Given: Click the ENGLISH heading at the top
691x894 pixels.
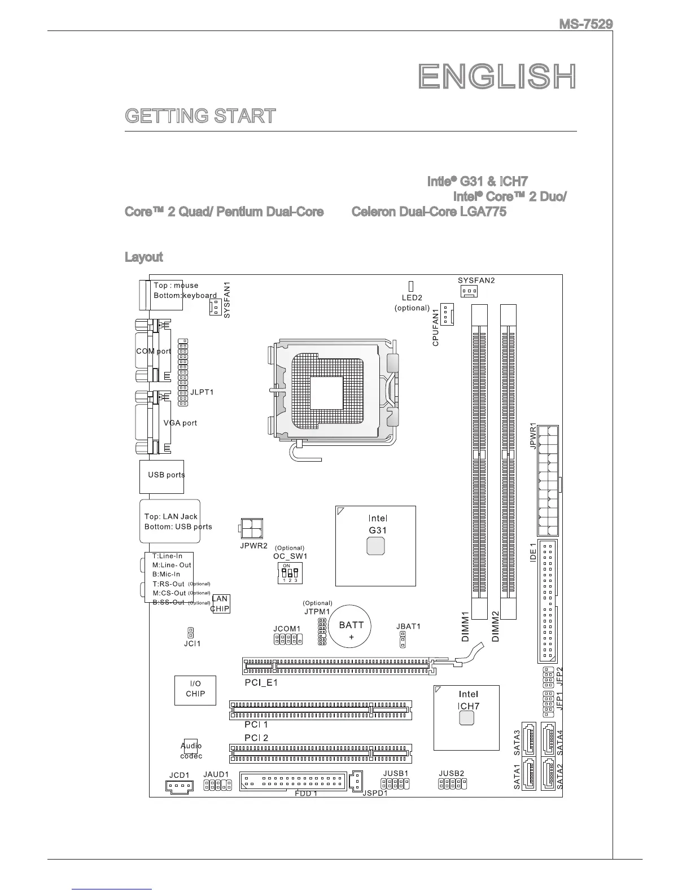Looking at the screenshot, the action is (497, 77).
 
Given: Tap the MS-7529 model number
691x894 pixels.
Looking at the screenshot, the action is (585, 24).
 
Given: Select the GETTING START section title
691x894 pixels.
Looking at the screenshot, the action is (200, 116).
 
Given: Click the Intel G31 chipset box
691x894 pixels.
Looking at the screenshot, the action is (375, 546).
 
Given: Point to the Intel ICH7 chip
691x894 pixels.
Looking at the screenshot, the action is (466, 717).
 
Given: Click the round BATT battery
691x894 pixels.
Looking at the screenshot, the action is (351, 627).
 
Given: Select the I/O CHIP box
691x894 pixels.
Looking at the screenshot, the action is (195, 689).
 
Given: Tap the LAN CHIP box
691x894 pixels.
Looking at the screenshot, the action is (221, 603).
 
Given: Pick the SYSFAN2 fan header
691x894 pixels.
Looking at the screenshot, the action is (468, 291).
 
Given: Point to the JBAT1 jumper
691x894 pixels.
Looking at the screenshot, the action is (403, 639).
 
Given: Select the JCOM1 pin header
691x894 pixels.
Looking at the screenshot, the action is (287, 639).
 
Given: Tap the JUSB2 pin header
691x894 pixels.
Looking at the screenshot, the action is (453, 783).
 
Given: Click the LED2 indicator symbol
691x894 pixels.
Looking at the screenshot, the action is (410, 286).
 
